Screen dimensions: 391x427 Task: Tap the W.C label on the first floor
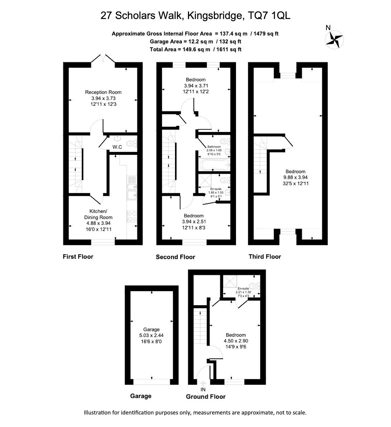pos(117,147)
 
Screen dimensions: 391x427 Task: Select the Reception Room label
pos(103,92)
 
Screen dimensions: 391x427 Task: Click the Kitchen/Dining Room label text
pos(98,214)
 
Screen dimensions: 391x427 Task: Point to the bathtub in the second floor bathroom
pos(214,164)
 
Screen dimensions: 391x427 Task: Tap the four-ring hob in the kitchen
pos(132,216)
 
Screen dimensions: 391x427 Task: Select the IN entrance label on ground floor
pos(203,389)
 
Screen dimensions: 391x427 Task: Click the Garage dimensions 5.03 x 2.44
pos(151,336)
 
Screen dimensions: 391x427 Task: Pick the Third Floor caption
pos(265,257)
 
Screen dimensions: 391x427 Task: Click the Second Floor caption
pos(175,257)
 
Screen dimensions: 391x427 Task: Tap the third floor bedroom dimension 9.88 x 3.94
pos(296,177)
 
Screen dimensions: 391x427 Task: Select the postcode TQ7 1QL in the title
pos(269,15)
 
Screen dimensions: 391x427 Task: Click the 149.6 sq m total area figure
pos(194,49)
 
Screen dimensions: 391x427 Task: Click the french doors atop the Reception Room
pos(103,61)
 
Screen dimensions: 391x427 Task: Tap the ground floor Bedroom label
pos(236,335)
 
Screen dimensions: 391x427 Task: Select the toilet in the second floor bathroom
pos(225,141)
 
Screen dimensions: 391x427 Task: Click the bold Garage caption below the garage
pos(141,396)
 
